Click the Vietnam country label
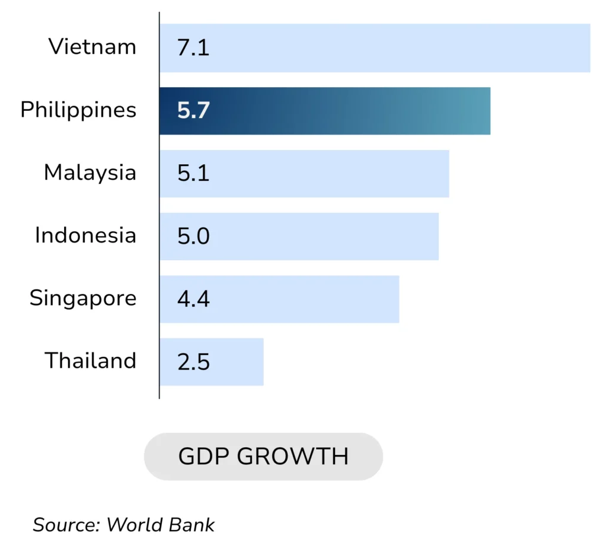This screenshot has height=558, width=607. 92,47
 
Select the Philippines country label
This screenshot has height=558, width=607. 78,110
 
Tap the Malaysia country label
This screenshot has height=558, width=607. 90,173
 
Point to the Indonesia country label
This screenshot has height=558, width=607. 85,235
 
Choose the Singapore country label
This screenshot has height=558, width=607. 83,298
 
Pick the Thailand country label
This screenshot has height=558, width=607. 91,361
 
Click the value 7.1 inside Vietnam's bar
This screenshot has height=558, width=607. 193,48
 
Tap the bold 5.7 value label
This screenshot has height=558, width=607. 193,111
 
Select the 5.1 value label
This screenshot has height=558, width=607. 193,174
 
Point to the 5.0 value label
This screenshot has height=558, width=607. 193,237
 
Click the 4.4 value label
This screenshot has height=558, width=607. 193,299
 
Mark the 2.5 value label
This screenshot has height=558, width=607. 193,362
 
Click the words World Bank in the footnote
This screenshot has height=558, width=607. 160,525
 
